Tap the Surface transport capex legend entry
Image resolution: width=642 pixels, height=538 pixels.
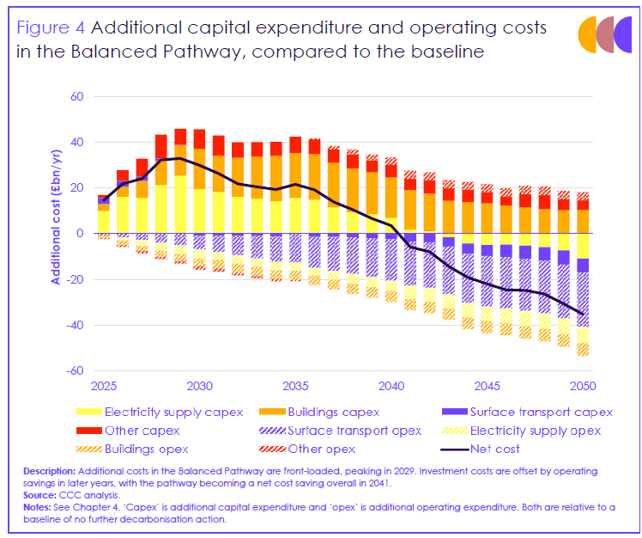tap(516, 412)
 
